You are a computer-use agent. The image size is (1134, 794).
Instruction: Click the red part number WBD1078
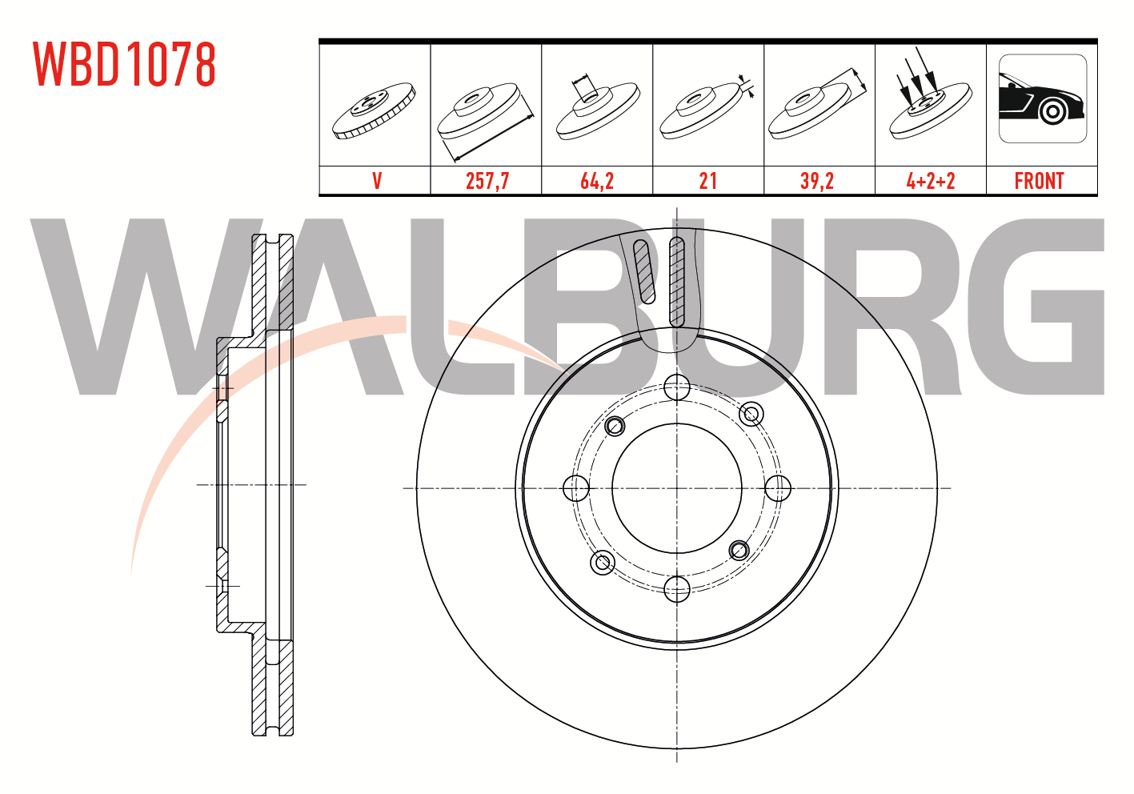125,64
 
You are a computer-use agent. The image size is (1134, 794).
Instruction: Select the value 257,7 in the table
487,181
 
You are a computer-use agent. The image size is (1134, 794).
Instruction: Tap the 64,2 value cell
597,181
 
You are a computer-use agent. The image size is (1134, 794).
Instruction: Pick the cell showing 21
707,181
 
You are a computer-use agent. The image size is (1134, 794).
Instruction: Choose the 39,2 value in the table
817,181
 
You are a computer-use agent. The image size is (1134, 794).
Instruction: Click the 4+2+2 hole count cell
931,181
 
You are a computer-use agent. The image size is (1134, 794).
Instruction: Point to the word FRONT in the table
1040,181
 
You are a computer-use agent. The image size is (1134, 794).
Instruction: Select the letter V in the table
377,181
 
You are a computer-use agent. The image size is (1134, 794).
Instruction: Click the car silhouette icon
1043,98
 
